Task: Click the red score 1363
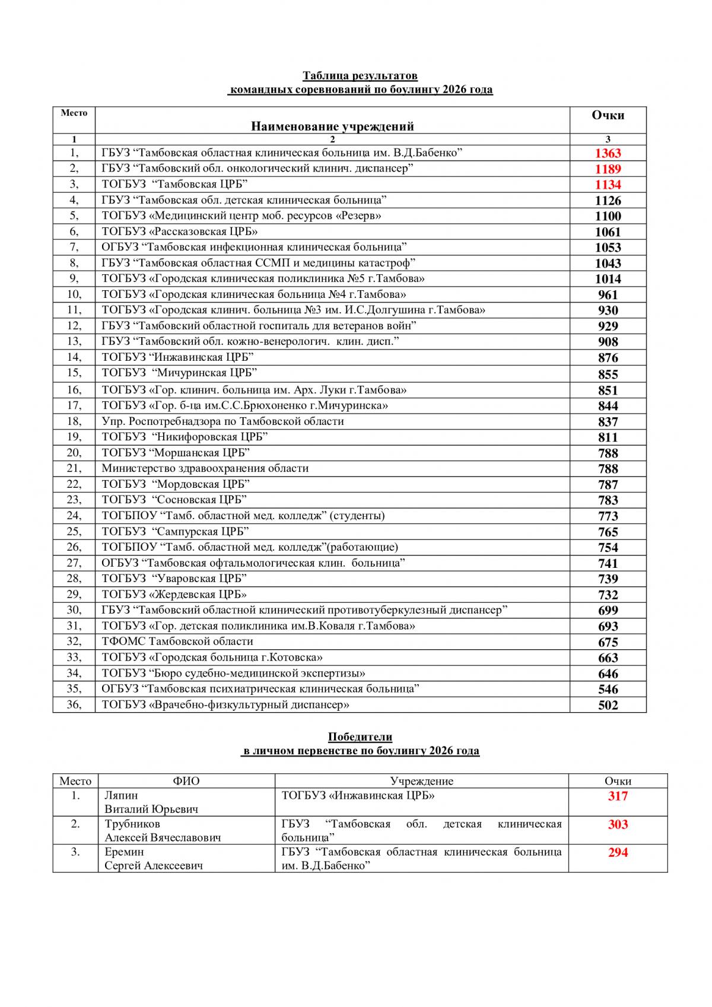[608, 153]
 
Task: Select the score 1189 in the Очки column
[608, 169]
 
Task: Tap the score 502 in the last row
[608, 705]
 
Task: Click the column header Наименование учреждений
[332, 126]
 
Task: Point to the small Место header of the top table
[74, 113]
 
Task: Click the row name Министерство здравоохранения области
[205, 468]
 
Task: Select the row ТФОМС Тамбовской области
[177, 641]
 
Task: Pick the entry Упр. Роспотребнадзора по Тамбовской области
[223, 421]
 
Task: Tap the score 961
[608, 295]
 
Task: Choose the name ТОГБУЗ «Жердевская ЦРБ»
[174, 594]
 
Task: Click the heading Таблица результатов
[360, 76]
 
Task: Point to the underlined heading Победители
[360, 737]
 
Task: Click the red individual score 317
[618, 796]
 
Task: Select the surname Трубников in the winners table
[132, 824]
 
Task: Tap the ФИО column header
[186, 782]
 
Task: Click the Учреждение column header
[421, 782]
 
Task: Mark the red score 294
[618, 853]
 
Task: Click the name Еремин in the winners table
[124, 852]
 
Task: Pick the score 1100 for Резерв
[608, 216]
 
